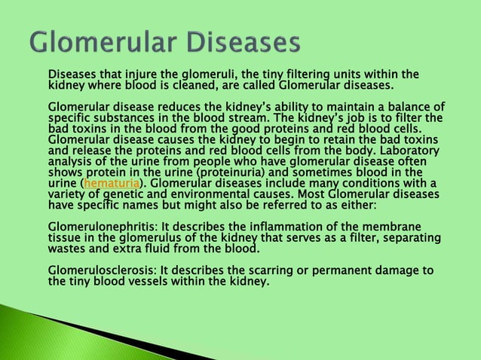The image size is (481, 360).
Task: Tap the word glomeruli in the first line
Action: pos(207,74)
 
